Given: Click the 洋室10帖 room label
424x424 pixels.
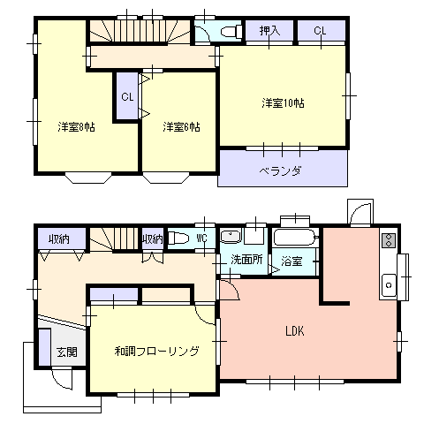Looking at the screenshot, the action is click(x=283, y=103).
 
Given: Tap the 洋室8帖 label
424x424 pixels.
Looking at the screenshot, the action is click(x=76, y=127).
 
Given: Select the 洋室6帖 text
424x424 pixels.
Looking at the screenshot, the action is click(x=182, y=127).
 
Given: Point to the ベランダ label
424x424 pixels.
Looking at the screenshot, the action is click(x=281, y=170).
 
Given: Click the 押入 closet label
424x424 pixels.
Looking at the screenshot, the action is click(x=269, y=31).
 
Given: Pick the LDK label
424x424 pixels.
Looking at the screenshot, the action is click(x=295, y=331).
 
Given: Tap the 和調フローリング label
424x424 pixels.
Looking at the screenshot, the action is click(x=156, y=351).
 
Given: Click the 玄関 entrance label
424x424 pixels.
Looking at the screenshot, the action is click(x=67, y=352).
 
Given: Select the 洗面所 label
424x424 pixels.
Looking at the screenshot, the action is click(x=246, y=260).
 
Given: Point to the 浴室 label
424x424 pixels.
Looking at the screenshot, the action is click(x=291, y=261).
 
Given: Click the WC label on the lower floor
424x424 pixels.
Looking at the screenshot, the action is click(x=202, y=238).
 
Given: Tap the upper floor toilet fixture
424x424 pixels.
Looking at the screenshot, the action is click(x=231, y=31).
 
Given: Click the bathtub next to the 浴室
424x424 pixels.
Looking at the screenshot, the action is click(x=295, y=238).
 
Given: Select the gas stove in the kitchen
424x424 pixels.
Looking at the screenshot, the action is click(x=389, y=240).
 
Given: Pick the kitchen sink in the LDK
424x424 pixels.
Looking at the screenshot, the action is click(x=389, y=285).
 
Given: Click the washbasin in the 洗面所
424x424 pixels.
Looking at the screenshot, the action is click(x=231, y=237).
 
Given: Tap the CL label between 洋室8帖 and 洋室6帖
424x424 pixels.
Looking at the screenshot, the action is click(x=127, y=97).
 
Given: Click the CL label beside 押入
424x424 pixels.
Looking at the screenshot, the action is click(x=320, y=31).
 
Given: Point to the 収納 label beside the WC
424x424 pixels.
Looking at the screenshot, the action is click(x=153, y=239).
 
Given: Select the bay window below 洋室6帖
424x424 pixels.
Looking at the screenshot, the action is click(x=166, y=178).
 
